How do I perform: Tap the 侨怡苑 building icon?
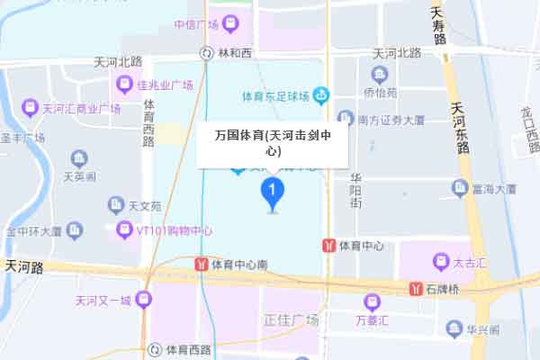click(x=379, y=74)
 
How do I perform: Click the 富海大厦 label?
click(x=494, y=189)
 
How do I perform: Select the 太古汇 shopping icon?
click(x=441, y=262)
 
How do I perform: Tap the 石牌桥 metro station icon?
click(x=417, y=289)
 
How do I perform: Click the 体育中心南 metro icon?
click(x=201, y=265)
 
